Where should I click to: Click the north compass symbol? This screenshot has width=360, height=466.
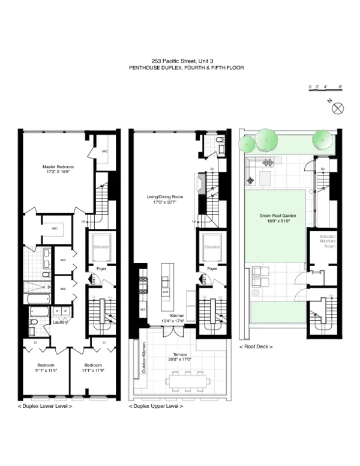coord(337,108)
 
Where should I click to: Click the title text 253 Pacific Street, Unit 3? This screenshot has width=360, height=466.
coord(181,61)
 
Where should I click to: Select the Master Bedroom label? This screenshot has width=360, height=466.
coord(56,169)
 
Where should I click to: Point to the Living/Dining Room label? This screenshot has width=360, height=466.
coord(164,199)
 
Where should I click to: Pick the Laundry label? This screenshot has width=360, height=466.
coord(59,322)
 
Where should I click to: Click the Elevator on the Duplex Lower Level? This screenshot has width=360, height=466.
coord(100,246)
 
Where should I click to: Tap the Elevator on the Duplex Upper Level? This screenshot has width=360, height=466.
coord(212,246)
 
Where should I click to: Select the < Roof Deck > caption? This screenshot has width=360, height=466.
coord(256,346)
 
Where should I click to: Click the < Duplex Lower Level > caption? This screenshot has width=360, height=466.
coord(45,407)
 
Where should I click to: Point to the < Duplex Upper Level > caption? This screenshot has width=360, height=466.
coord(156,407)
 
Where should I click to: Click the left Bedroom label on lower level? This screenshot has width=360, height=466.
coord(46,368)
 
